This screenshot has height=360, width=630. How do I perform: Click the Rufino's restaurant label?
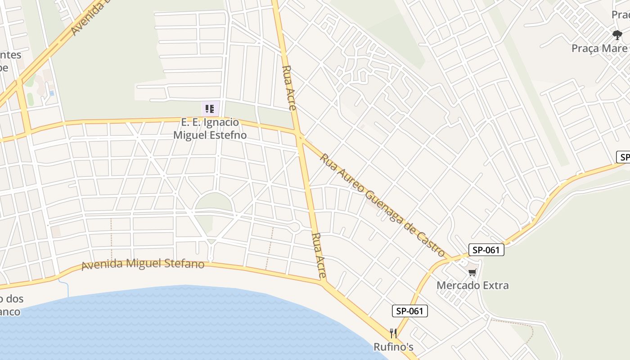(x=393, y=347)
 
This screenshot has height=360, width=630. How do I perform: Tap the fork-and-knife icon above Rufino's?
(x=393, y=333)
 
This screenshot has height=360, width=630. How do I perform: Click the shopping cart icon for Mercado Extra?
(x=472, y=272)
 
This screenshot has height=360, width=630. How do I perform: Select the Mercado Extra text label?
(x=472, y=285)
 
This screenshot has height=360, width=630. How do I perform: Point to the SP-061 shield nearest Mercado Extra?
(x=486, y=250)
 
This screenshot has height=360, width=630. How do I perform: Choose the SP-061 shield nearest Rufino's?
(x=409, y=311)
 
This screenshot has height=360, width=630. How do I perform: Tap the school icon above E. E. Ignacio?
(x=210, y=108)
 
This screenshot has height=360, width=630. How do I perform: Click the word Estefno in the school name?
(x=228, y=135)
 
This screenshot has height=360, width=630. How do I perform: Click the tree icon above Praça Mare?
(x=617, y=35)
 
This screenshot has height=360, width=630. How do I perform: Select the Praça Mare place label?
(x=599, y=48)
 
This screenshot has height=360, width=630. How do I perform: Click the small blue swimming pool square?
(x=52, y=93)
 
